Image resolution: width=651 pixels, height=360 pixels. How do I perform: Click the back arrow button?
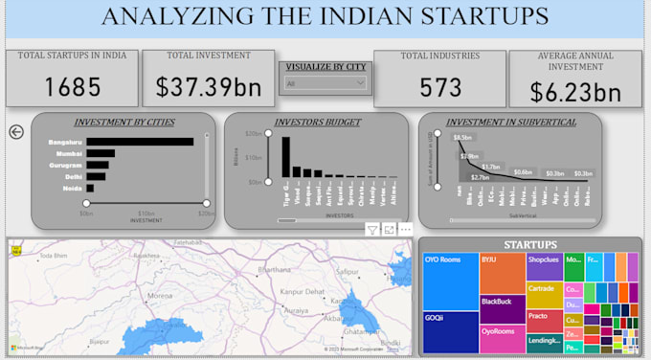coord(15,132)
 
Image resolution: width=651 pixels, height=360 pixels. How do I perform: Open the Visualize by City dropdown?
coord(325,84)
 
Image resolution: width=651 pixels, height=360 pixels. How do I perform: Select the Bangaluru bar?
coord(139,142)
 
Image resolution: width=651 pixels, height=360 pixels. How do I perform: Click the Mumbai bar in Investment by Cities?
coord(101,153)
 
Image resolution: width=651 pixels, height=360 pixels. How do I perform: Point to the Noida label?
coord(72,189)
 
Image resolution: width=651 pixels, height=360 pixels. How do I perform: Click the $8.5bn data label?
coord(460,138)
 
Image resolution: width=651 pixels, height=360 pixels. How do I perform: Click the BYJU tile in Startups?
coord(502,272)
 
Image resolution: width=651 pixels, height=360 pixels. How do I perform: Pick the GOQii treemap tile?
coord(449,331)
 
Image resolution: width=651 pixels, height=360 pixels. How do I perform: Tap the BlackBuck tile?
coord(502,307)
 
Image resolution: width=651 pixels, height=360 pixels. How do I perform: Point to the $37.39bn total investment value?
coord(208,89)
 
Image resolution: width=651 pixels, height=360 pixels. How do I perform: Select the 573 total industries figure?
coord(440,87)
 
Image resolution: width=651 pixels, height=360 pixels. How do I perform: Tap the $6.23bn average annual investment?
coord(574,93)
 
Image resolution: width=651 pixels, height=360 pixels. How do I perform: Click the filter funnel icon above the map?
coord(372,230)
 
